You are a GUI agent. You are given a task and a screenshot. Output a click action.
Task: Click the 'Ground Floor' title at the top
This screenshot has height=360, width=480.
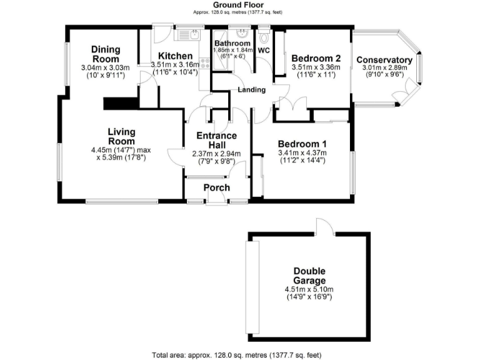pyautogui.click(x=241, y=4)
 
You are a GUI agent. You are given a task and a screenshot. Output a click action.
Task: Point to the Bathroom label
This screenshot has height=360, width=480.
pyautogui.click(x=232, y=43)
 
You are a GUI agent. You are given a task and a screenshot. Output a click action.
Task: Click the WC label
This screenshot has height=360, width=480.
pyautogui.click(x=264, y=50)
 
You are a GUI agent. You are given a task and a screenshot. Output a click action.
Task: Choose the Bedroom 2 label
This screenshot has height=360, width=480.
pyautogui.click(x=315, y=59)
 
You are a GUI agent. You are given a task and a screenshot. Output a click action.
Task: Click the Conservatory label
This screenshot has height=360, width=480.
pyautogui.click(x=384, y=60)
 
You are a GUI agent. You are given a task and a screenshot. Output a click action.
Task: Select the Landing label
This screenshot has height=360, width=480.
pyautogui.click(x=252, y=90)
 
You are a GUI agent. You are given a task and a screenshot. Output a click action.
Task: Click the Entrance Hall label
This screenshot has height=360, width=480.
pyautogui.click(x=216, y=141)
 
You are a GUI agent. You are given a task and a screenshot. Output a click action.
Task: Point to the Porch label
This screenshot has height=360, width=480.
pyautogui.click(x=217, y=187)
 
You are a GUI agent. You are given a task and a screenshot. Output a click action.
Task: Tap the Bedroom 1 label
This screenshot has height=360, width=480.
pyautogui.click(x=301, y=143)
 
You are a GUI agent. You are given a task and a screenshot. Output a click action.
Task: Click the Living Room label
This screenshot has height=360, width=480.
pyautogui.click(x=121, y=137)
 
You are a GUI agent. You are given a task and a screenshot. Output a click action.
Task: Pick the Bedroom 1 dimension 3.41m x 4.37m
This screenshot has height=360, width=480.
pyautogui.click(x=302, y=152)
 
